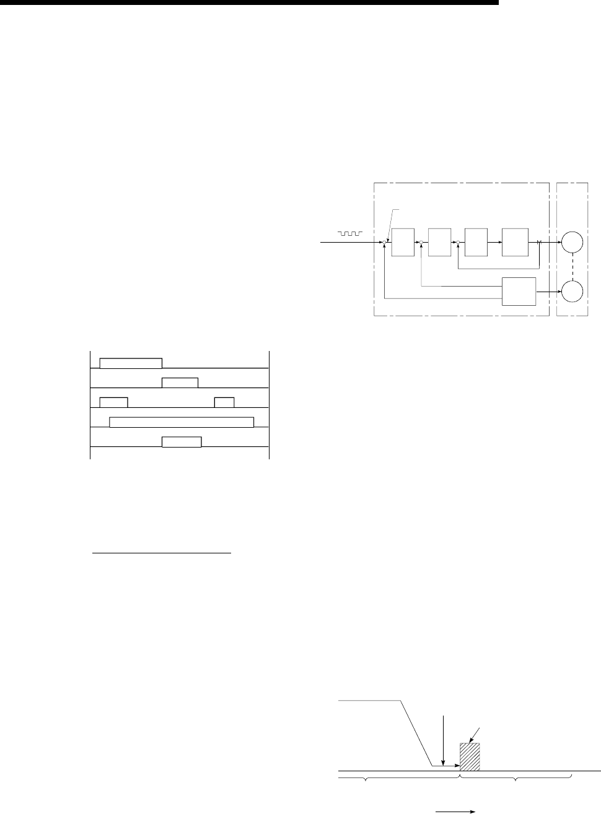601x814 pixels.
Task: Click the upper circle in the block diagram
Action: click(573, 241)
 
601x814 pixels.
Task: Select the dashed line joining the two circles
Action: click(573, 266)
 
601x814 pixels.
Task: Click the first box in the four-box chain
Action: click(403, 241)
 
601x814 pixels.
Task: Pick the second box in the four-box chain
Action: click(439, 241)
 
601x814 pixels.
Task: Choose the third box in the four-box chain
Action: click(476, 241)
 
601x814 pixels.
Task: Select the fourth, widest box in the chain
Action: click(515, 241)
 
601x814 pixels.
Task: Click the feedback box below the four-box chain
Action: click(519, 291)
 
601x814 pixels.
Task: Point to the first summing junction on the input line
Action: click(385, 242)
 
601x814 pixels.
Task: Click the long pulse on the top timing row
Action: click(131, 363)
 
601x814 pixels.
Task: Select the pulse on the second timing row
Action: click(180, 382)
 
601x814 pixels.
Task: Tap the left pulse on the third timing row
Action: click(113, 402)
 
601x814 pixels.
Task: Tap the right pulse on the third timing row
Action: click(224, 402)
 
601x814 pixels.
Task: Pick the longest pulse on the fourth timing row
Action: click(182, 422)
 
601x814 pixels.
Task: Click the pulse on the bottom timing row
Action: click(182, 441)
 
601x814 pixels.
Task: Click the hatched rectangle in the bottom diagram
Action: click(470, 756)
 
